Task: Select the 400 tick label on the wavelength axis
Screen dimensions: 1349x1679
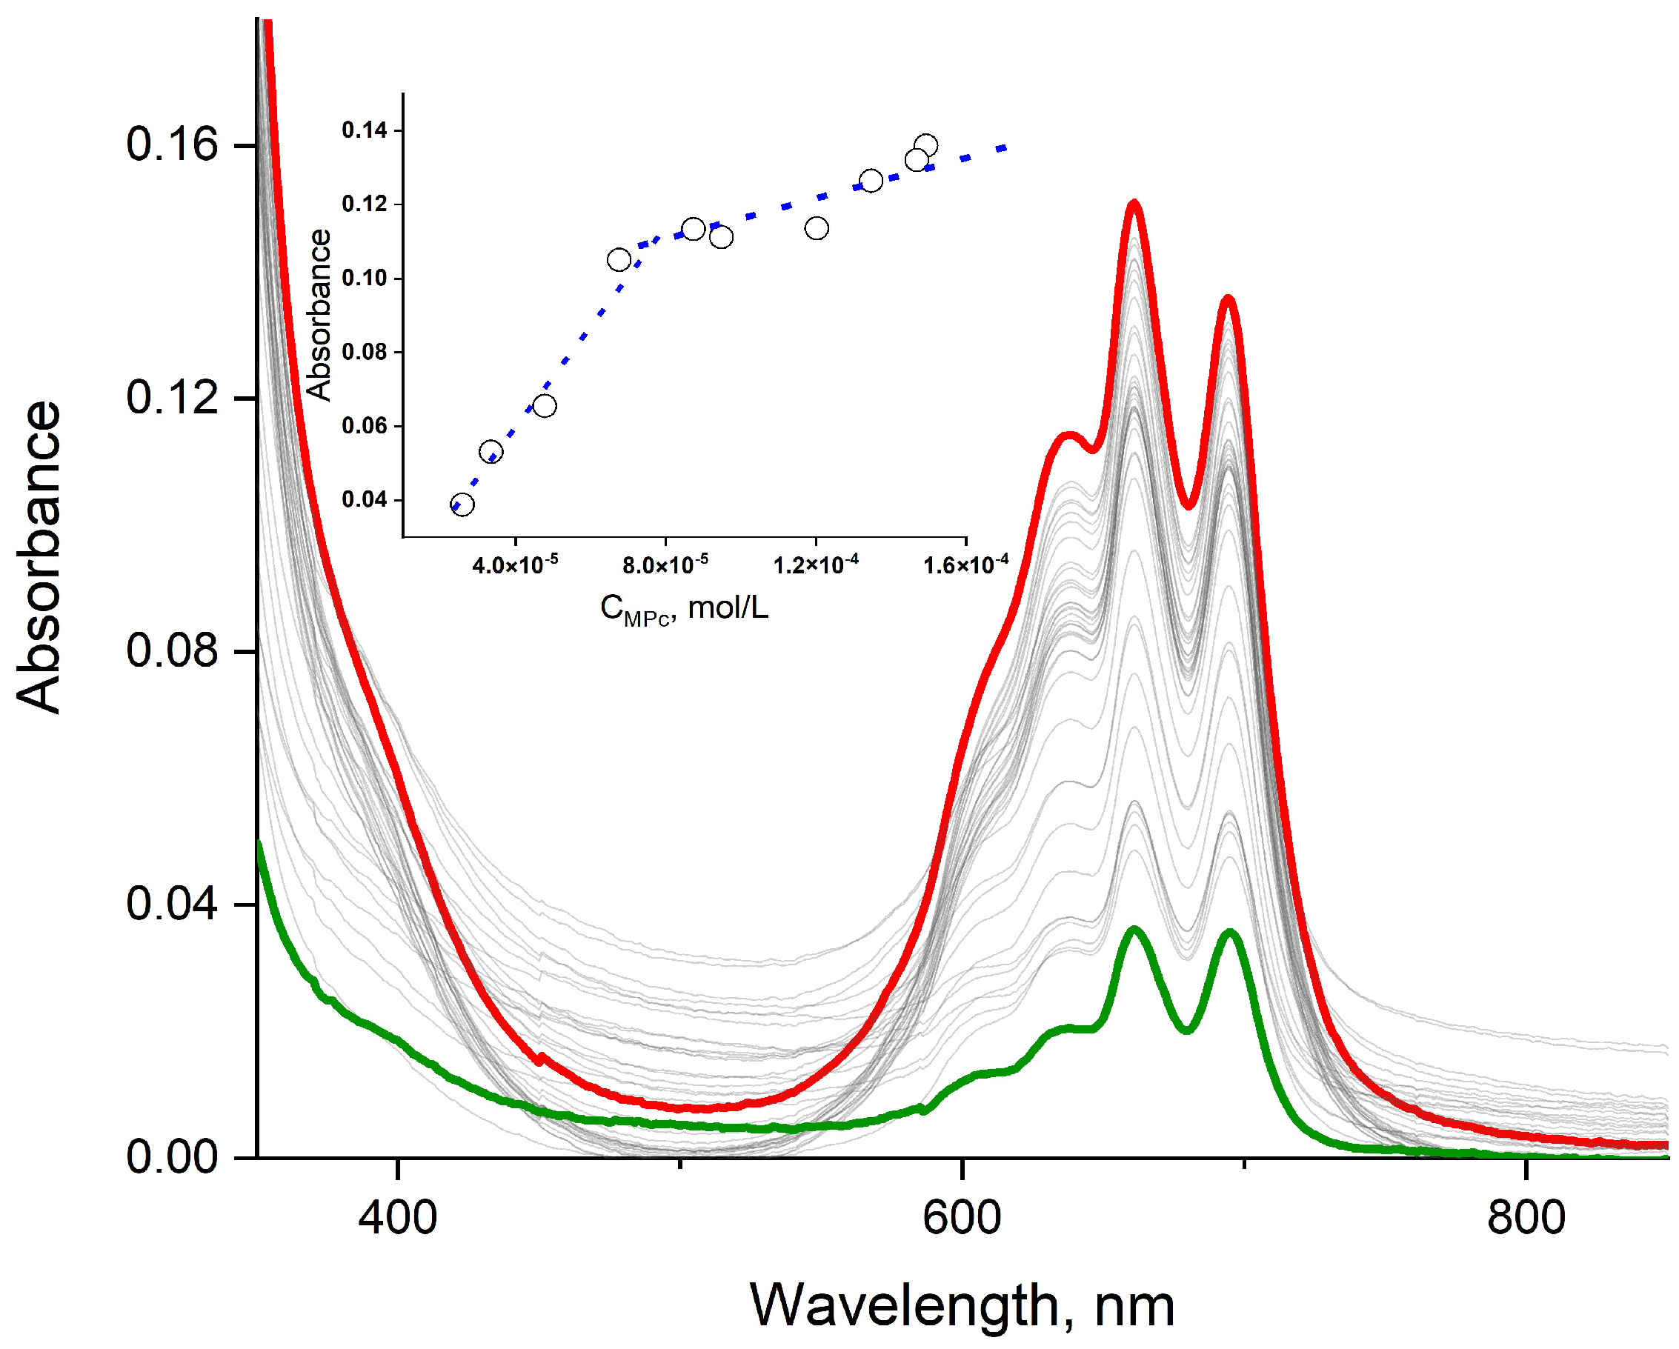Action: pyautogui.click(x=397, y=1217)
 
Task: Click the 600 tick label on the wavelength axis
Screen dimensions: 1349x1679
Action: pyautogui.click(x=962, y=1217)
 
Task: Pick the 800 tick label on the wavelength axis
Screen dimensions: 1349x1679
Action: pyautogui.click(x=1526, y=1217)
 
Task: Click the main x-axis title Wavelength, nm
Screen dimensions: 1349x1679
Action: pyautogui.click(x=962, y=1305)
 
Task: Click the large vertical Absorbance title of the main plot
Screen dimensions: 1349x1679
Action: pyautogui.click(x=39, y=556)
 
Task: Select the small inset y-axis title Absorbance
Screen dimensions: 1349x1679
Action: pyautogui.click(x=319, y=316)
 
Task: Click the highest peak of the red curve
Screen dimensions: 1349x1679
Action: pyautogui.click(x=1134, y=204)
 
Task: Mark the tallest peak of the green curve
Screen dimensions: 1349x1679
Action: pyautogui.click(x=1134, y=930)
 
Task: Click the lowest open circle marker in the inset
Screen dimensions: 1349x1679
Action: pyautogui.click(x=462, y=504)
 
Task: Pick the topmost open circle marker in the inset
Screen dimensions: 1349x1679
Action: pyautogui.click(x=926, y=145)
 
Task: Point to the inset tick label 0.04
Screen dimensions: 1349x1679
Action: pyautogui.click(x=364, y=500)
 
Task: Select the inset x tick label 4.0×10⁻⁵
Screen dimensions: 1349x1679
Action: pyautogui.click(x=515, y=564)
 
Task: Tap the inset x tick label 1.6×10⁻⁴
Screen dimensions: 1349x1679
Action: pyautogui.click(x=965, y=564)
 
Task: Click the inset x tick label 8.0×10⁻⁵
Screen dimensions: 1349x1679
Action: pyautogui.click(x=665, y=564)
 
